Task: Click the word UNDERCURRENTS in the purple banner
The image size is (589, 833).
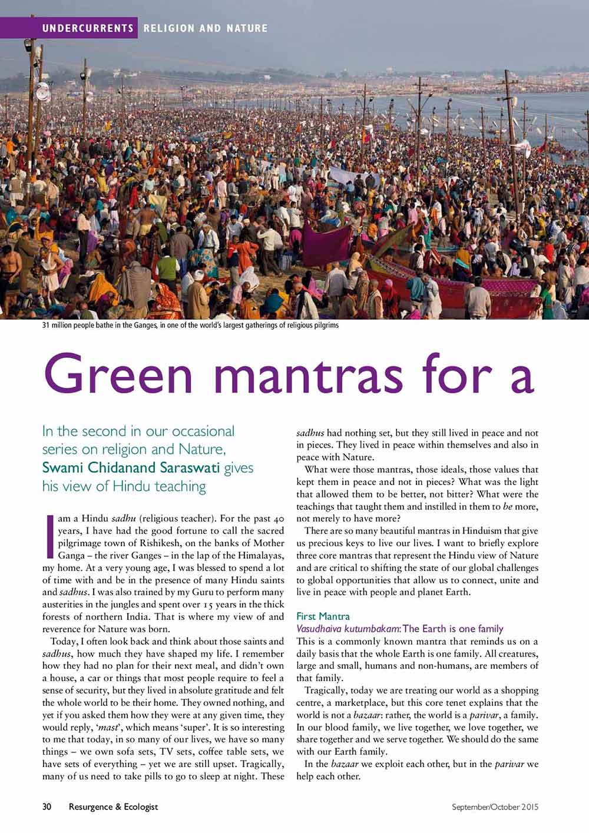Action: [x=88, y=28]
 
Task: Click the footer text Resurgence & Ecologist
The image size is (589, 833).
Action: [x=113, y=807]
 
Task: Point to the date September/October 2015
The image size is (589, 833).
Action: [x=495, y=807]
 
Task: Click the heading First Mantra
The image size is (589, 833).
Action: [x=323, y=616]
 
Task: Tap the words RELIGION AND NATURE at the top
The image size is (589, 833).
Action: [x=206, y=28]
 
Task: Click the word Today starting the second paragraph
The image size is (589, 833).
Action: [x=64, y=641]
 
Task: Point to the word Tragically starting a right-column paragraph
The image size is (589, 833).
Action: [x=329, y=690]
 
